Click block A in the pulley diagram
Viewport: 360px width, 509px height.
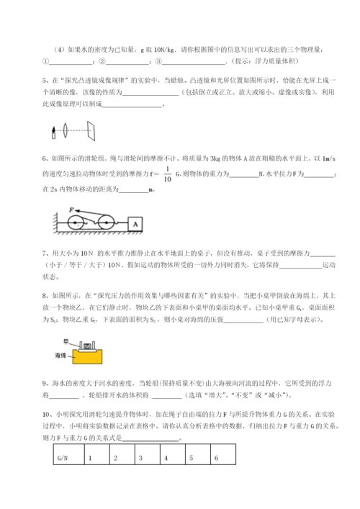click(134, 224)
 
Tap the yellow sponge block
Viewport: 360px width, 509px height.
click(84, 356)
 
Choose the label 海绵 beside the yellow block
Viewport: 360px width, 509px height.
click(60, 356)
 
